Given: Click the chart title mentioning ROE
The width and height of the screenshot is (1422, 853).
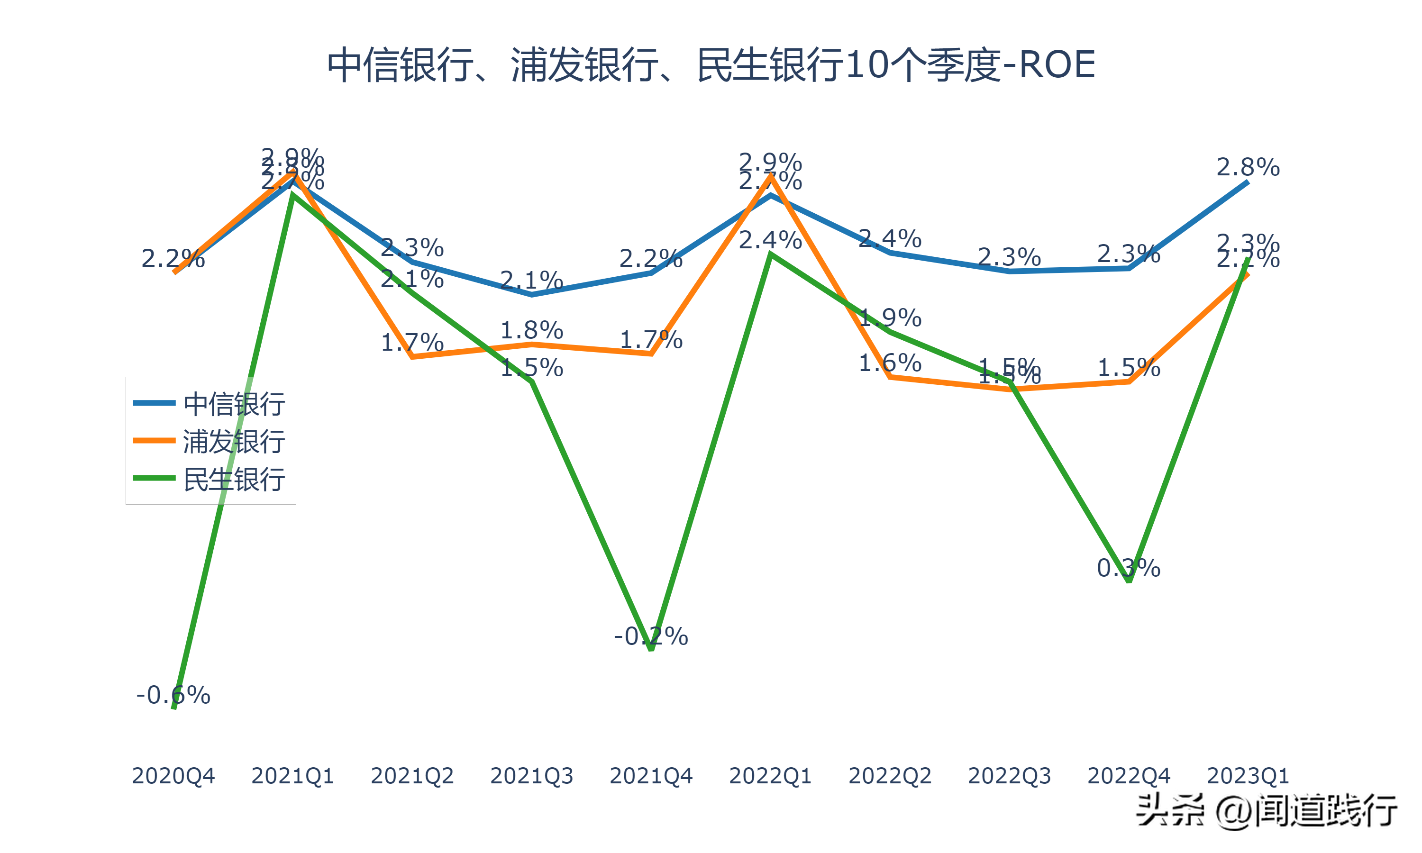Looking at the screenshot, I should (x=711, y=64).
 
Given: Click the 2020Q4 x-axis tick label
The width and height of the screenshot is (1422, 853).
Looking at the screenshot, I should (x=173, y=776).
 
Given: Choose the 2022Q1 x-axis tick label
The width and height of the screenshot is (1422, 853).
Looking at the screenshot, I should (x=770, y=776).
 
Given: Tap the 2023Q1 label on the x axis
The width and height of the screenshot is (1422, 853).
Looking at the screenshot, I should (x=1248, y=776).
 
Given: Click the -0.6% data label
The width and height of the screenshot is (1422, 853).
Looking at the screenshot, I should (x=173, y=695).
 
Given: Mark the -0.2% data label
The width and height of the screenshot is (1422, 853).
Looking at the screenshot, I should (x=651, y=636).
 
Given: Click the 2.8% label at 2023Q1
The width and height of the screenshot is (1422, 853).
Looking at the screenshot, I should (x=1248, y=167).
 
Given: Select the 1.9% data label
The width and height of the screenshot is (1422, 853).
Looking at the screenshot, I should (x=890, y=318).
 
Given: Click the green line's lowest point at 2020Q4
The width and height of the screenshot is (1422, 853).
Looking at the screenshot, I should (x=173, y=708).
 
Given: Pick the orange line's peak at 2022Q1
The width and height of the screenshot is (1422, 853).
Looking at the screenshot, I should (x=770, y=175).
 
